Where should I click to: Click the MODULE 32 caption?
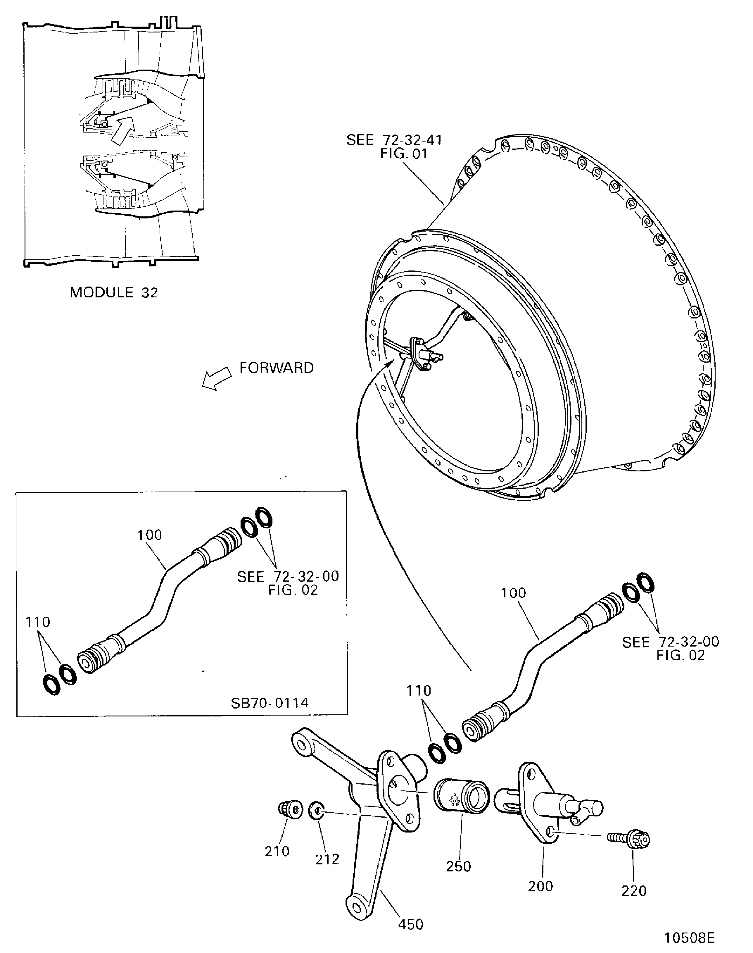[x=114, y=292]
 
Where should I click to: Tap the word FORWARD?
[x=277, y=368]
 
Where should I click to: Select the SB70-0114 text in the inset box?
[x=270, y=702]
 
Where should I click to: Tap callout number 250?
[x=459, y=866]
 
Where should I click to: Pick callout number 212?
[x=327, y=859]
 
